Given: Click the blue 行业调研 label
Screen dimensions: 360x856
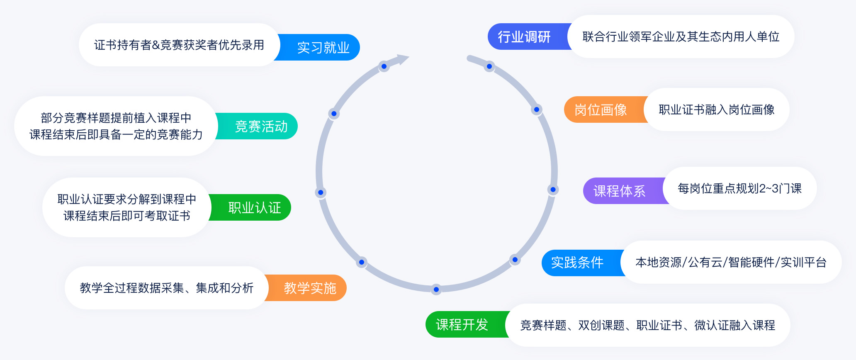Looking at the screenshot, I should [x=524, y=37].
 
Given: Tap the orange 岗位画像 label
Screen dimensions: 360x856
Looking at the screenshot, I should [x=601, y=110].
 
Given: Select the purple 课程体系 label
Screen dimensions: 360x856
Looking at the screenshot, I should [x=619, y=191].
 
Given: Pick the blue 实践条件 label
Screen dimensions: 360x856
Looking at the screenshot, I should [x=577, y=263].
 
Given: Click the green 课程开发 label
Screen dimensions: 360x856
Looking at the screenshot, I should [x=462, y=325].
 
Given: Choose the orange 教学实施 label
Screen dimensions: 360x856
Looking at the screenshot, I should [x=310, y=288].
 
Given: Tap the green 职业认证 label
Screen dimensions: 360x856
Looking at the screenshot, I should [x=255, y=208].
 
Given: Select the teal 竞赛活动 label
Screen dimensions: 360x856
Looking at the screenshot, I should [x=261, y=126].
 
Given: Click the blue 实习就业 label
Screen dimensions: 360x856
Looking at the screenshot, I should [x=323, y=48].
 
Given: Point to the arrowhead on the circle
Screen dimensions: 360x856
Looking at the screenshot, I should [x=402, y=59].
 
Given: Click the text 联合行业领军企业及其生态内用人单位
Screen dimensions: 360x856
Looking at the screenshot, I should [x=681, y=37].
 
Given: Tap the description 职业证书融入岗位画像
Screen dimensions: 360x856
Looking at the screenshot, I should [x=716, y=110].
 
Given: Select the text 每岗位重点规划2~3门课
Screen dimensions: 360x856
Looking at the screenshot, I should [x=739, y=189].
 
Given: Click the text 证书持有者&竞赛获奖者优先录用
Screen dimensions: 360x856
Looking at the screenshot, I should [x=179, y=45].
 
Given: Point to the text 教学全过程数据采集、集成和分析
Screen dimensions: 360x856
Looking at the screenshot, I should [x=166, y=288].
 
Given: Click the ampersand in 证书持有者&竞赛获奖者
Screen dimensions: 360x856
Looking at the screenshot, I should [x=156, y=45].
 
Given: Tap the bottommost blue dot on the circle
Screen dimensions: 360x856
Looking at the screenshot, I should [x=436, y=289].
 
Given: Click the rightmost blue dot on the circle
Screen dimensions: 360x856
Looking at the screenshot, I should [x=553, y=190].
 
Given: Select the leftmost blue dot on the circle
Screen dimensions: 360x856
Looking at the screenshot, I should [x=320, y=192].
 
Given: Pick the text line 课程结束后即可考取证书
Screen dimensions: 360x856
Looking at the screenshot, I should [x=126, y=216].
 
